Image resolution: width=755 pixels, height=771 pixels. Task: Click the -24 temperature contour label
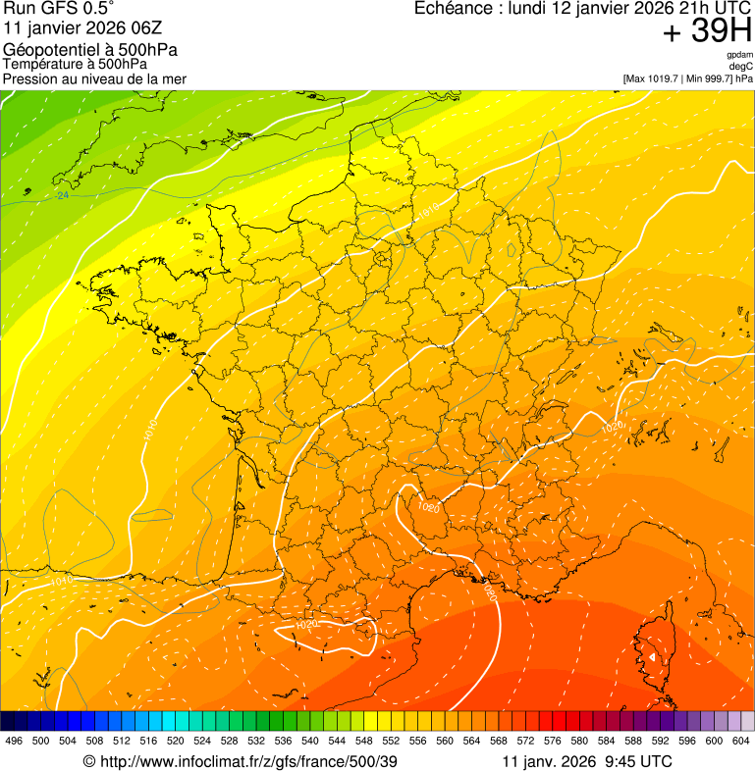pyautogui.click(x=63, y=196)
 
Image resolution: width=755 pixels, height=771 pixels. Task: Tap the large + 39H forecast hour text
pyautogui.click(x=707, y=31)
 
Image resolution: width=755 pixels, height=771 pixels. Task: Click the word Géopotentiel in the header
pyautogui.click(x=49, y=50)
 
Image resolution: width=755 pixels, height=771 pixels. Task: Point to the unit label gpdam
pyautogui.click(x=739, y=55)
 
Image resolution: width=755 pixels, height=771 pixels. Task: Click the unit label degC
pyautogui.click(x=741, y=67)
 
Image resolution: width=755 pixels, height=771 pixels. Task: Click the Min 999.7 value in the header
pyautogui.click(x=709, y=78)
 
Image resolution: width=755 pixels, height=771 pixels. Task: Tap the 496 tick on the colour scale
pyautogui.click(x=14, y=740)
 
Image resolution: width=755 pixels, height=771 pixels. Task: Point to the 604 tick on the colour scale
pyautogui.click(x=741, y=740)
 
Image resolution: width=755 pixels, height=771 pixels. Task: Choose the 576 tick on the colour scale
pyautogui.click(x=552, y=740)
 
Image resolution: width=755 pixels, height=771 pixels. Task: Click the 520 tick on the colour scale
pyautogui.click(x=176, y=740)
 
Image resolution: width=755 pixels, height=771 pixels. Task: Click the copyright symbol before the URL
pyautogui.click(x=88, y=761)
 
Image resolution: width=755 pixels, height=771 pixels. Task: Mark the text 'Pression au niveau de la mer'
pyautogui.click(x=94, y=78)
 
